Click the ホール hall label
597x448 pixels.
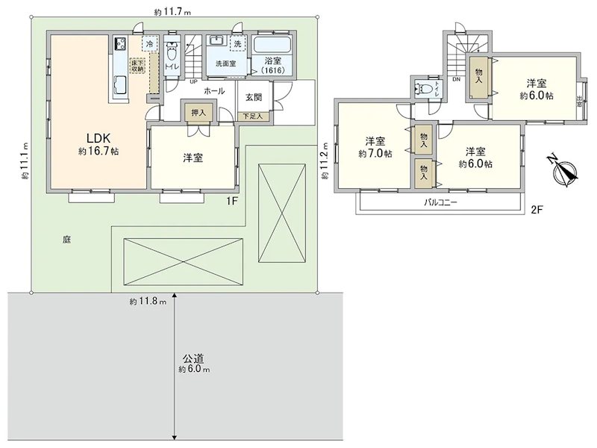[x=215, y=90]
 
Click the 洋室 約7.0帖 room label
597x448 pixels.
[x=374, y=148]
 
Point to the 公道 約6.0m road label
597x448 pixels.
[x=193, y=364]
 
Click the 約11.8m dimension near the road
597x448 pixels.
[x=147, y=302]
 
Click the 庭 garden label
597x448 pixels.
[x=66, y=240]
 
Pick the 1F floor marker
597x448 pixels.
[x=231, y=200]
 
